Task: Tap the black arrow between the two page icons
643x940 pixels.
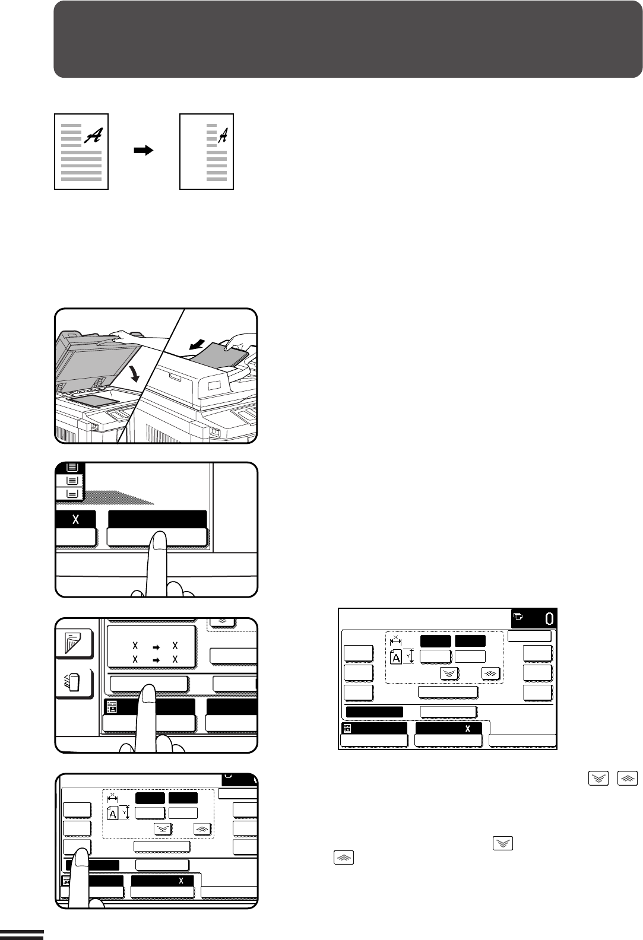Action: (x=144, y=150)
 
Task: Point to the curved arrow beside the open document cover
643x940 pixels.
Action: (x=134, y=373)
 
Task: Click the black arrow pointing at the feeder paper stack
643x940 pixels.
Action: (x=197, y=344)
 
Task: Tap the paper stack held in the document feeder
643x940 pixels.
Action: (x=223, y=357)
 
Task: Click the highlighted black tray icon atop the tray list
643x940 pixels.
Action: (x=72, y=467)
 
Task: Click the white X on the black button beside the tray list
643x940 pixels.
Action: (x=75, y=519)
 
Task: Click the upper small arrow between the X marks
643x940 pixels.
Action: (x=156, y=647)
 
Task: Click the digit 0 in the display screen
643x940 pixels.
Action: (x=549, y=619)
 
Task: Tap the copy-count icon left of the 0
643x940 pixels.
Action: (x=518, y=617)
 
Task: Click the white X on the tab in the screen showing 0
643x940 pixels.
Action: (x=468, y=729)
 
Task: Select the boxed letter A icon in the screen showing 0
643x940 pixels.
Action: (x=395, y=657)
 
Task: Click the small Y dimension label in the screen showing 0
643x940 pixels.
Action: (x=408, y=656)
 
